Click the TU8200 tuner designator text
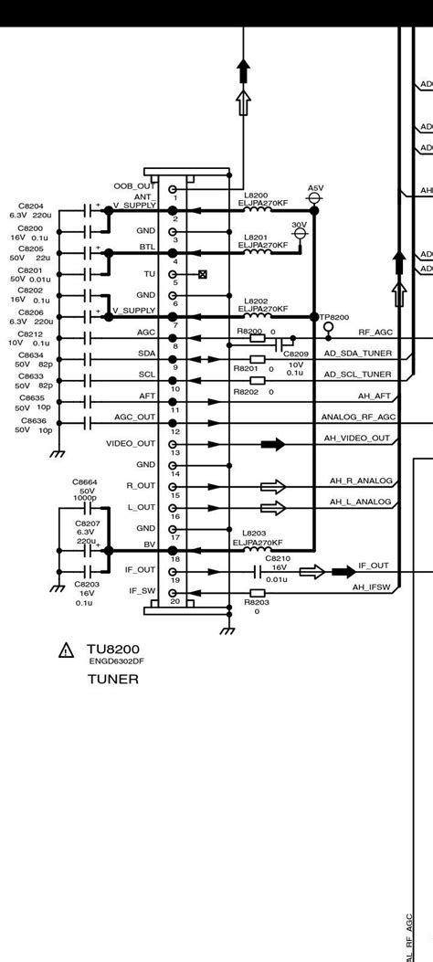click(114, 650)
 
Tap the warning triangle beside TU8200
click(66, 650)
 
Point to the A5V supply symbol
click(315, 197)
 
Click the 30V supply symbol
click(299, 234)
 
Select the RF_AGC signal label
click(375, 333)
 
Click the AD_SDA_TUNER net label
click(357, 353)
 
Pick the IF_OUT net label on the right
click(373, 566)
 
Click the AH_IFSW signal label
click(372, 587)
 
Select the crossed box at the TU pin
click(203, 274)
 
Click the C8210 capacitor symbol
click(258, 572)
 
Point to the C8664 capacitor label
click(85, 481)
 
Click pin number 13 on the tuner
click(174, 453)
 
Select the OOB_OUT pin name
click(134, 186)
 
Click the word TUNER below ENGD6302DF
click(112, 679)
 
